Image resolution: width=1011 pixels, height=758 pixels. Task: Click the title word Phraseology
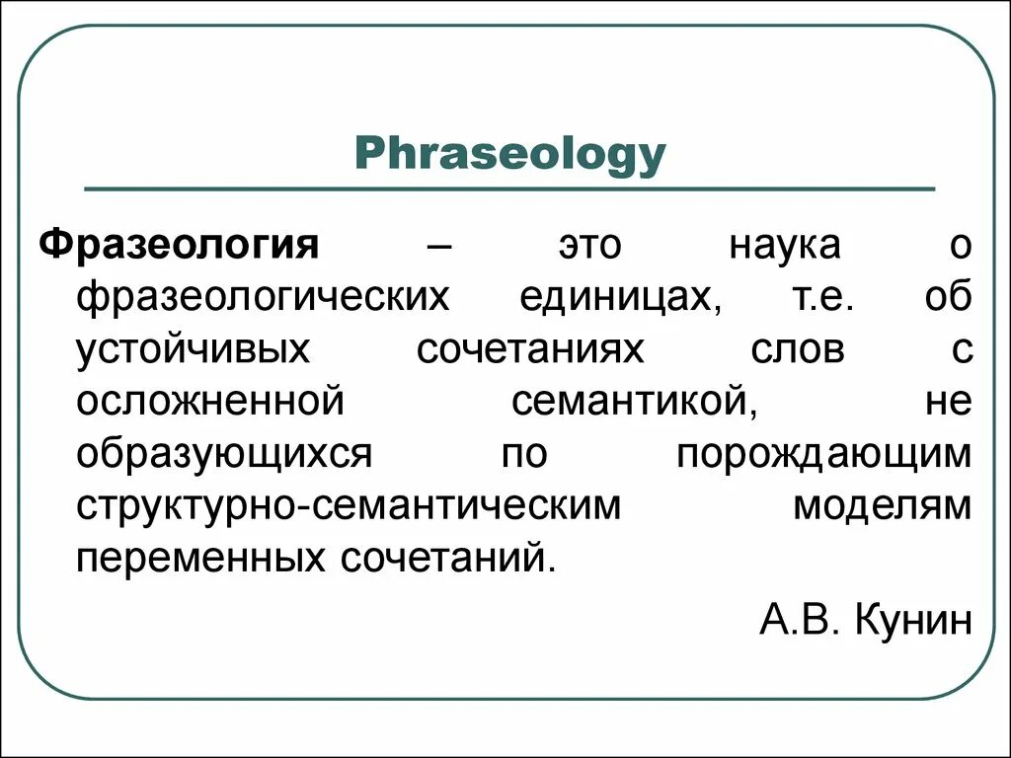point(510,156)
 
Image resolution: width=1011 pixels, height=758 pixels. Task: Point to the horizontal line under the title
point(509,188)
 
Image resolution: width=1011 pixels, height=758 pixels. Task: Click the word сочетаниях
point(529,350)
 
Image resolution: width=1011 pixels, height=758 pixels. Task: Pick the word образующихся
point(223,455)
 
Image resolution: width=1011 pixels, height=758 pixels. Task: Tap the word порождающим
point(824,455)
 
